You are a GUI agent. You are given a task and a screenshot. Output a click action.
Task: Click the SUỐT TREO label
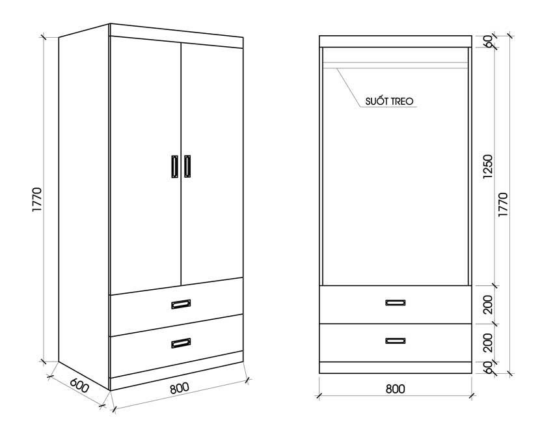[389, 101]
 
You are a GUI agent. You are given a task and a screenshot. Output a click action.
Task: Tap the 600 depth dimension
[80, 386]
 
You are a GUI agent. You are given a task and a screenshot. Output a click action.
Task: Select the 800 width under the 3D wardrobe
[180, 388]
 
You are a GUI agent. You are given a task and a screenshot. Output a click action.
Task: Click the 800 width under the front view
[396, 389]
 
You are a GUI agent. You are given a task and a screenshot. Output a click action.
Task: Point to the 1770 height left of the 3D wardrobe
[36, 200]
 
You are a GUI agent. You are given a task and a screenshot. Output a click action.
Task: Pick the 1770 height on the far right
[503, 205]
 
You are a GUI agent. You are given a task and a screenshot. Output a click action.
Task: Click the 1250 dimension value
[488, 167]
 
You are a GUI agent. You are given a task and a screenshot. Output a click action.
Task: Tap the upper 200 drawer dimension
[488, 305]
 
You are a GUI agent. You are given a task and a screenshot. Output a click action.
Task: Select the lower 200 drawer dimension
[488, 343]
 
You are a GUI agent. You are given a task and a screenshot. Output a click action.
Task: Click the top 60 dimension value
[488, 42]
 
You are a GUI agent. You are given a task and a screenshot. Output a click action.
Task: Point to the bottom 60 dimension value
[488, 368]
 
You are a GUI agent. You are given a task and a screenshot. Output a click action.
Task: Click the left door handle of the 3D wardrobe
[175, 167]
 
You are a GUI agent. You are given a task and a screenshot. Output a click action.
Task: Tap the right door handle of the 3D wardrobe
[187, 166]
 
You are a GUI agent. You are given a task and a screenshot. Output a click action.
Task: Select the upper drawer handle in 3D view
[181, 304]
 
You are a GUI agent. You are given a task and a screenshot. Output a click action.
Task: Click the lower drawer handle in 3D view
[181, 343]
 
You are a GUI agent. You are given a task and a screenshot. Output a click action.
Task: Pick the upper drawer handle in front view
[396, 303]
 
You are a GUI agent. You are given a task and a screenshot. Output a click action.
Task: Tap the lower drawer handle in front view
[396, 341]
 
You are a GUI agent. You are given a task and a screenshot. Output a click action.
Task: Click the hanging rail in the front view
[396, 65]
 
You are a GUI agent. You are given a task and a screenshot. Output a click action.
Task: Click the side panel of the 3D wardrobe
[84, 206]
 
